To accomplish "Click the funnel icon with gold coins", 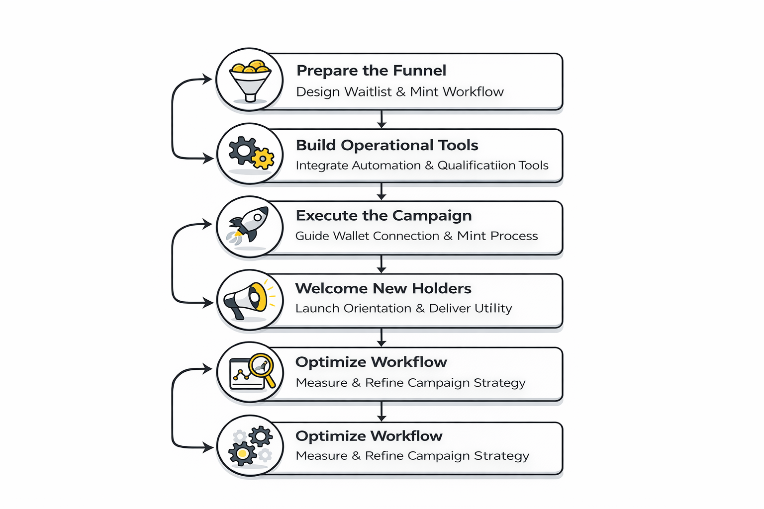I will [x=250, y=80].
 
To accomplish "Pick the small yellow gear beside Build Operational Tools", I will [x=263, y=159].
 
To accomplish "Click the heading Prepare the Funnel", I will [x=371, y=71].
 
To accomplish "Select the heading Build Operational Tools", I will [x=387, y=145].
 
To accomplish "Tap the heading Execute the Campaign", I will [x=383, y=216].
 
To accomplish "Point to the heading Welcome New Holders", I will [x=383, y=288].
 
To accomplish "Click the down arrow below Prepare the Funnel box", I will [x=382, y=119].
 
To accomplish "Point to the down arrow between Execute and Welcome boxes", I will [x=382, y=264].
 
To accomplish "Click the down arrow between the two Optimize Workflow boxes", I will [x=382, y=412].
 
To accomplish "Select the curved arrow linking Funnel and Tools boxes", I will [x=173, y=119].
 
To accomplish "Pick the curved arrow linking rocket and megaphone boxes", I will [x=173, y=263].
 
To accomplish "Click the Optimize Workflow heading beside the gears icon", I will [x=369, y=436].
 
